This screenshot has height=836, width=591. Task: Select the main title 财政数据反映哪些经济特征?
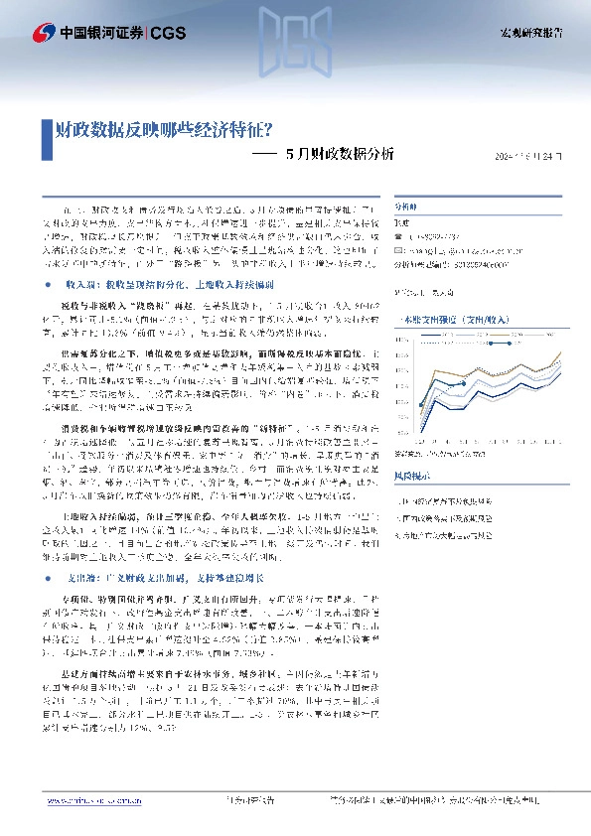pyautogui.click(x=165, y=129)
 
